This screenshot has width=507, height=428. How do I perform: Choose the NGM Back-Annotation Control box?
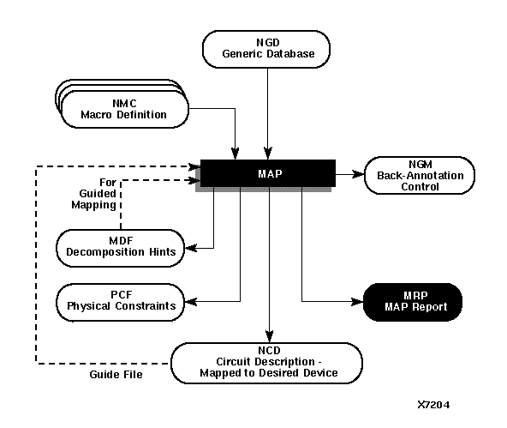click(x=420, y=175)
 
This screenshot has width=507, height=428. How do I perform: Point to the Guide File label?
click(x=115, y=376)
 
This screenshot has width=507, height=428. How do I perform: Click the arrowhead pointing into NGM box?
click(x=360, y=174)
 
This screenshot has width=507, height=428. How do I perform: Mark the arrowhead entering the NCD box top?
click(x=269, y=337)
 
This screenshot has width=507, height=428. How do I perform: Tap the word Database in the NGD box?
click(x=290, y=55)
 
